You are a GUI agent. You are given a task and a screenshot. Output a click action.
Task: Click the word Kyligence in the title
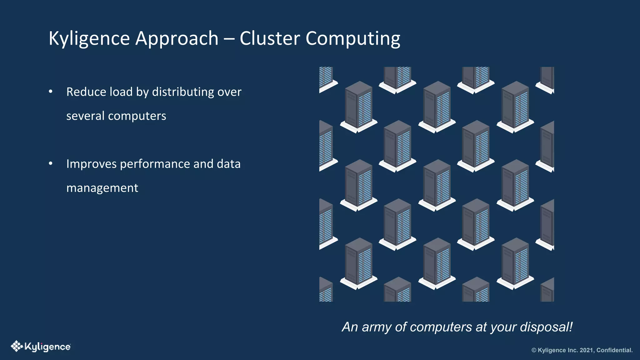(89, 39)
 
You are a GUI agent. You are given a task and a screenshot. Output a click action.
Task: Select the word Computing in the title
(353, 39)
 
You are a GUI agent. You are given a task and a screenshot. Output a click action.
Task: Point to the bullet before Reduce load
(51, 92)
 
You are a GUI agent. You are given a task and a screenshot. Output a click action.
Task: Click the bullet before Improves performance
(51, 163)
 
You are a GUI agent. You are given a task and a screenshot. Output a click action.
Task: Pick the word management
(102, 188)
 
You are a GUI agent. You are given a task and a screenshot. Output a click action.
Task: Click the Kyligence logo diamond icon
(16, 346)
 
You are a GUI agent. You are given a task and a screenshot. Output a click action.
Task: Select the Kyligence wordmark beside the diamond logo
(47, 347)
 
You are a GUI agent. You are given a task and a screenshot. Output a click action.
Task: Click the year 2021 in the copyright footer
(587, 350)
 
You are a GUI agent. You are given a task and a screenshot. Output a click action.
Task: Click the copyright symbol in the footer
(534, 350)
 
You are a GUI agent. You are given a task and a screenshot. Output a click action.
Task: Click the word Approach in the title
(177, 39)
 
